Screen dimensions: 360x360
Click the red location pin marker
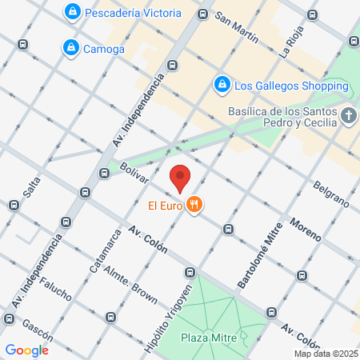181,177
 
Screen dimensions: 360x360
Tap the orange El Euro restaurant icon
194,206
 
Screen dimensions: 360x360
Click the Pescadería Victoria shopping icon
73,13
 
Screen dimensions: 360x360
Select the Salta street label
31,186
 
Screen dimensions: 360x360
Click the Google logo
27,350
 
